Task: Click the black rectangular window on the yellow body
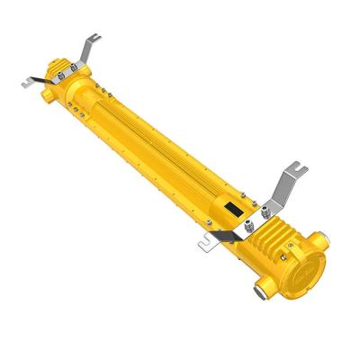232,209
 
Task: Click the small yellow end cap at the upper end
43,95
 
